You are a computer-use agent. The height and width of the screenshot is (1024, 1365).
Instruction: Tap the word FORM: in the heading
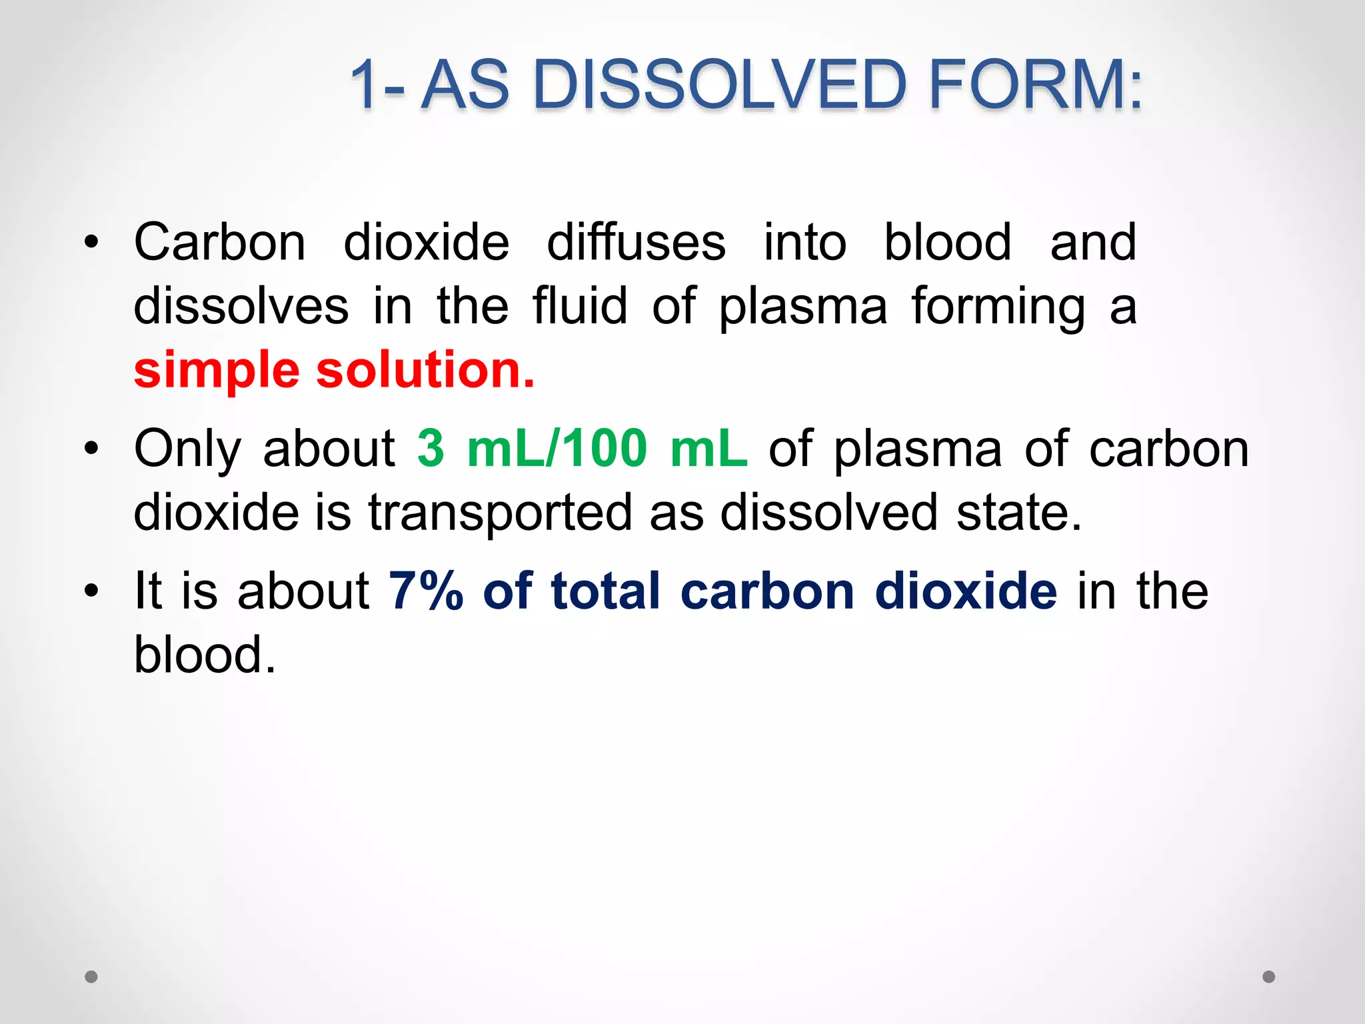(1035, 85)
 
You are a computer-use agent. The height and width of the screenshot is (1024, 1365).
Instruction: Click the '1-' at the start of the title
(377, 85)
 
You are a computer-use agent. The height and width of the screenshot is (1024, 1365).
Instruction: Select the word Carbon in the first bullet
(220, 242)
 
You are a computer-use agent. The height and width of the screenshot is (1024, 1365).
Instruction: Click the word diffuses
(636, 242)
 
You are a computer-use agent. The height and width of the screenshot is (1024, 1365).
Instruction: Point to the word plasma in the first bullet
(802, 307)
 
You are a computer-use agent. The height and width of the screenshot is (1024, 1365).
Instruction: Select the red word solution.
(425, 369)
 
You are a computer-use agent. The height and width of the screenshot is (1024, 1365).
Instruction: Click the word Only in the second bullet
(187, 449)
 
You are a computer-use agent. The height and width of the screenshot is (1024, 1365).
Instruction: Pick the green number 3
(431, 448)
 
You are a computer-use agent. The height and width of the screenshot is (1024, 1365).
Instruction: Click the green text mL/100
(557, 448)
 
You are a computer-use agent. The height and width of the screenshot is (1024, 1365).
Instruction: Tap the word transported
(500, 513)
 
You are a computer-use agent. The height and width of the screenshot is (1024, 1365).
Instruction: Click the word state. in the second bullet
(1019, 512)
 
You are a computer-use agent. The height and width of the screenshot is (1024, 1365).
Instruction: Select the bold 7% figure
(426, 591)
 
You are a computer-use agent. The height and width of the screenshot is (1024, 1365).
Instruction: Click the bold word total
(605, 591)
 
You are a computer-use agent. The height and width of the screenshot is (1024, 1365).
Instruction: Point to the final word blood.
(204, 655)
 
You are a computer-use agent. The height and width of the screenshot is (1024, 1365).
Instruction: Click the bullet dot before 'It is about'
(91, 591)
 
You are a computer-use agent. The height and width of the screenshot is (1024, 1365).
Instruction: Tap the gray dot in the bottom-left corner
(91, 977)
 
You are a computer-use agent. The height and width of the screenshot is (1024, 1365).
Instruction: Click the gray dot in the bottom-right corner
(1269, 977)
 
